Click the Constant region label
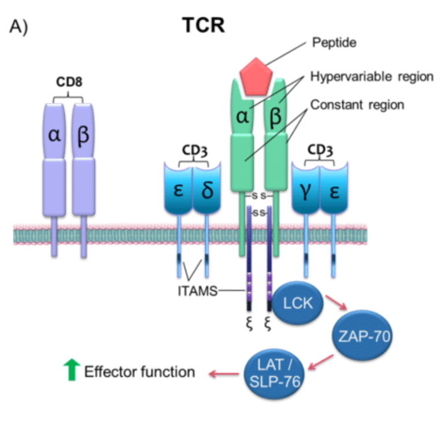pos(357,105)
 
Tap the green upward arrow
pos(72,370)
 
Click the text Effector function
pos(139,371)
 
